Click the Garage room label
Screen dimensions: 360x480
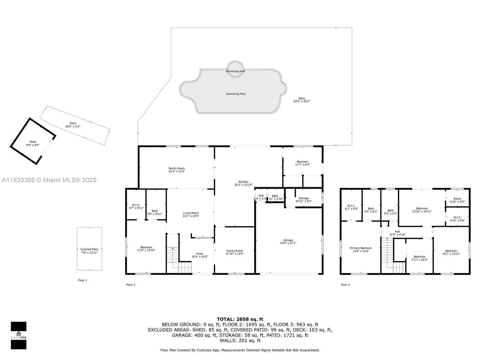click(288, 240)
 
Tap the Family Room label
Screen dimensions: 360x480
click(176, 168)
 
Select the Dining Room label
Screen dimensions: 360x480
click(234, 251)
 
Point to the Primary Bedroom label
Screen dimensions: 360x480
click(361, 248)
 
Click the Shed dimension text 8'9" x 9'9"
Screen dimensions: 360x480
click(33, 145)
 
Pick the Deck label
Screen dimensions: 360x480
click(73, 123)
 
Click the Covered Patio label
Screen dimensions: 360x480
click(89, 249)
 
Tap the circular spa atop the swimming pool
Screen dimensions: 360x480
click(235, 69)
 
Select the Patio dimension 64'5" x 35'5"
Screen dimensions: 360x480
click(301, 101)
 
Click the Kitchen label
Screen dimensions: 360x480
click(243, 182)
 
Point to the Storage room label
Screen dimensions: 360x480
click(304, 198)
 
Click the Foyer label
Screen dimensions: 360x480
click(199, 254)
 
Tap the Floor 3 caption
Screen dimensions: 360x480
click(345, 285)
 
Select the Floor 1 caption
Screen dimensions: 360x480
click(82, 280)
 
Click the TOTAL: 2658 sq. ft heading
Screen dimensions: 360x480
click(240, 319)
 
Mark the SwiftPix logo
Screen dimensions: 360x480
click(19, 335)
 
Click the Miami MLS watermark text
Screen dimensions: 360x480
click(49, 180)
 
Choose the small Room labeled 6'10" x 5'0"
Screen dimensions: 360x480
click(457, 200)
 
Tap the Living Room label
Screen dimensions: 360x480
click(191, 213)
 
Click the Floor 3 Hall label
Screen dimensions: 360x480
click(397, 232)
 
